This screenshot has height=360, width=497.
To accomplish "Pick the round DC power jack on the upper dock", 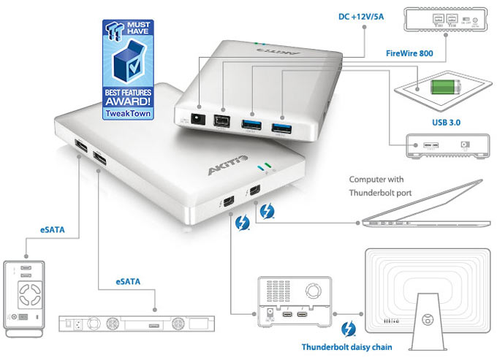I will point(197,118).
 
